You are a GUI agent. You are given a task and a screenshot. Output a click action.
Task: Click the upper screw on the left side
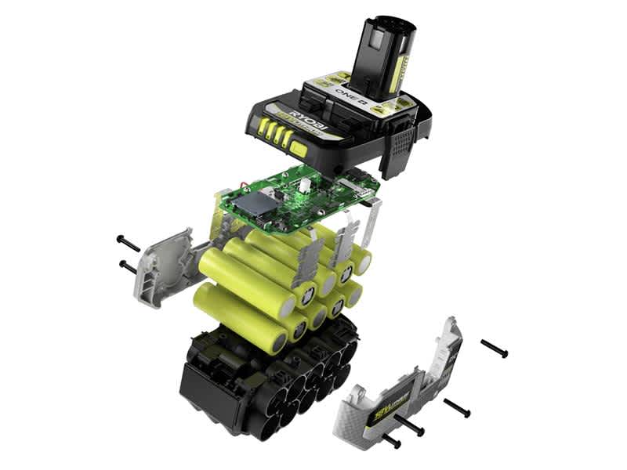point(128,244)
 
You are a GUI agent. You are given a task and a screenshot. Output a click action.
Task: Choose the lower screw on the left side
point(127,267)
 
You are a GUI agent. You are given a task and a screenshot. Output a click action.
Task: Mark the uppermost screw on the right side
point(495,349)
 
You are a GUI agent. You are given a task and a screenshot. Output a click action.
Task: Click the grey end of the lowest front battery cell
point(277,342)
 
